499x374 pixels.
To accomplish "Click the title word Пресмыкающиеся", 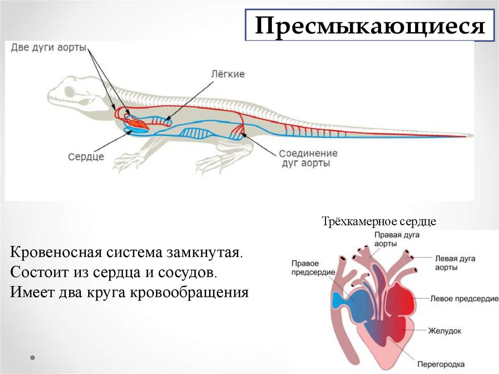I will (370, 26).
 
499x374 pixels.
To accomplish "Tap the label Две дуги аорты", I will (49, 48).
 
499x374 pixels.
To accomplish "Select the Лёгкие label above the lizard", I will (228, 74).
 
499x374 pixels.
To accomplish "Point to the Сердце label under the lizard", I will (86, 157).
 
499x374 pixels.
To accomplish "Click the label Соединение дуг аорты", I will (308, 158).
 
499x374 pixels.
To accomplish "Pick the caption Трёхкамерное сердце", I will (378, 221).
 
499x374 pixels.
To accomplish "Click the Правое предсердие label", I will (312, 267).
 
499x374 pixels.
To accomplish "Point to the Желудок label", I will (444, 331).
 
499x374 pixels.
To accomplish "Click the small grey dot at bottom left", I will (33, 357).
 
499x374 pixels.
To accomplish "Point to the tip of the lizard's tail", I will (470, 135).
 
